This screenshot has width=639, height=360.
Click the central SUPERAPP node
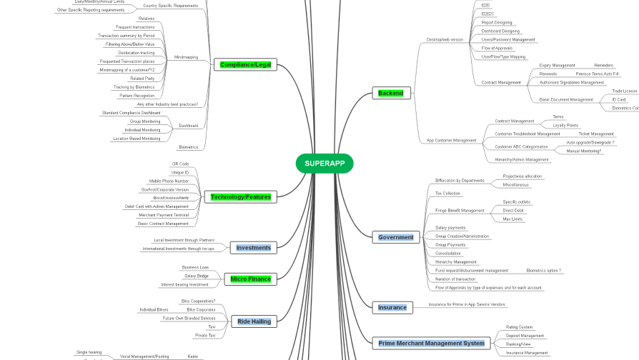coord(325,164)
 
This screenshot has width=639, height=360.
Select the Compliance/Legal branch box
coord(245,65)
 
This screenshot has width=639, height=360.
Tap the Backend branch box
coord(390,93)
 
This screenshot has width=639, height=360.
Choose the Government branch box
coord(395,236)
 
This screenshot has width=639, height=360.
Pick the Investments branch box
coord(253,248)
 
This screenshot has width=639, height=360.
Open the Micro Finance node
coord(250,279)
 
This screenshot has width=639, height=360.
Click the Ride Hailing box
coord(254,321)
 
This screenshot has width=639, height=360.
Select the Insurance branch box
coord(392,307)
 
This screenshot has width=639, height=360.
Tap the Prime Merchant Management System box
coord(431,344)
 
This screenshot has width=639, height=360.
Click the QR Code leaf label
coord(180,164)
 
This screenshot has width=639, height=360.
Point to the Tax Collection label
coord(448,193)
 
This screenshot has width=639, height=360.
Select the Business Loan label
coord(195,267)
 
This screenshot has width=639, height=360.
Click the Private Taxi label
coord(205,335)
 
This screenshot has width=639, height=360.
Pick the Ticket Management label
coord(595,134)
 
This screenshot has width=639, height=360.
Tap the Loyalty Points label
coord(565,125)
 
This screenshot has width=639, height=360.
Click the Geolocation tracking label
coord(136,52)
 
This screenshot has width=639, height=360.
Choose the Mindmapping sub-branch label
coord(186,57)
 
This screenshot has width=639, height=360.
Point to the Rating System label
coord(519,326)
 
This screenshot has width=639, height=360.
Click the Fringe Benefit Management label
coord(460,211)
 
